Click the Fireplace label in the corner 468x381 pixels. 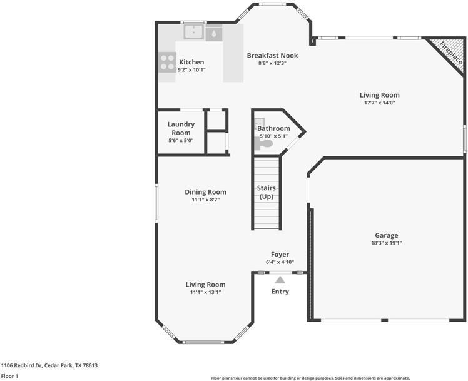point(450,53)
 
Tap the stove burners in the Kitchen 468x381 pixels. point(167,62)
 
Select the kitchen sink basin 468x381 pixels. point(193,33)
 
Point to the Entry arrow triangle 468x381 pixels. point(280,280)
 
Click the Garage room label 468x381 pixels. point(386,235)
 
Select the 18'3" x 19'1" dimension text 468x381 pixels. point(386,243)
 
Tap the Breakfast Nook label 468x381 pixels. point(272,55)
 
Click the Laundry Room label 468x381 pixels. point(181,128)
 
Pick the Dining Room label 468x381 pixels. point(205,192)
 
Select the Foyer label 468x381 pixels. point(280,255)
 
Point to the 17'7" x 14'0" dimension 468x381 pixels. point(379,103)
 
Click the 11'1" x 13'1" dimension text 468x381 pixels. point(205,292)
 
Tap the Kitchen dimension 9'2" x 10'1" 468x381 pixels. point(191,69)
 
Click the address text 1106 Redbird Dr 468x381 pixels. point(49,365)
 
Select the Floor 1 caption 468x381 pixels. point(9,376)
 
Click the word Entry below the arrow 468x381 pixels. point(280,292)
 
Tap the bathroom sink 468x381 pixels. point(260,123)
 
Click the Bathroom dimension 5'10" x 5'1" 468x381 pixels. point(273,136)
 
